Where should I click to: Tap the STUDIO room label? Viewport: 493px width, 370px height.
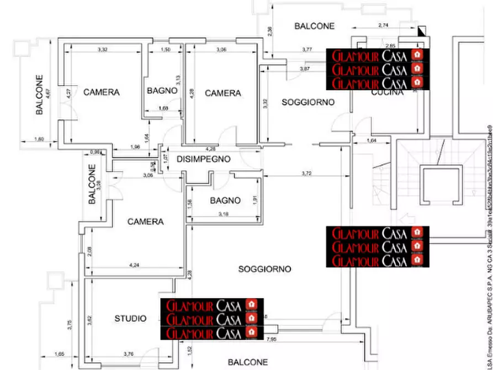131,319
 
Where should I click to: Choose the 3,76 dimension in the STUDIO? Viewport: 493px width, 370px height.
130,354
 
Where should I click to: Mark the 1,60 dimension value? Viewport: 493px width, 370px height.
39,139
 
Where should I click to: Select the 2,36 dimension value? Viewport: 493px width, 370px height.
270,31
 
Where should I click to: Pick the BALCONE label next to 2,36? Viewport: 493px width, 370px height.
315,26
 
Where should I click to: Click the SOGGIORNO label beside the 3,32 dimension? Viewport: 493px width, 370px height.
309,102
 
